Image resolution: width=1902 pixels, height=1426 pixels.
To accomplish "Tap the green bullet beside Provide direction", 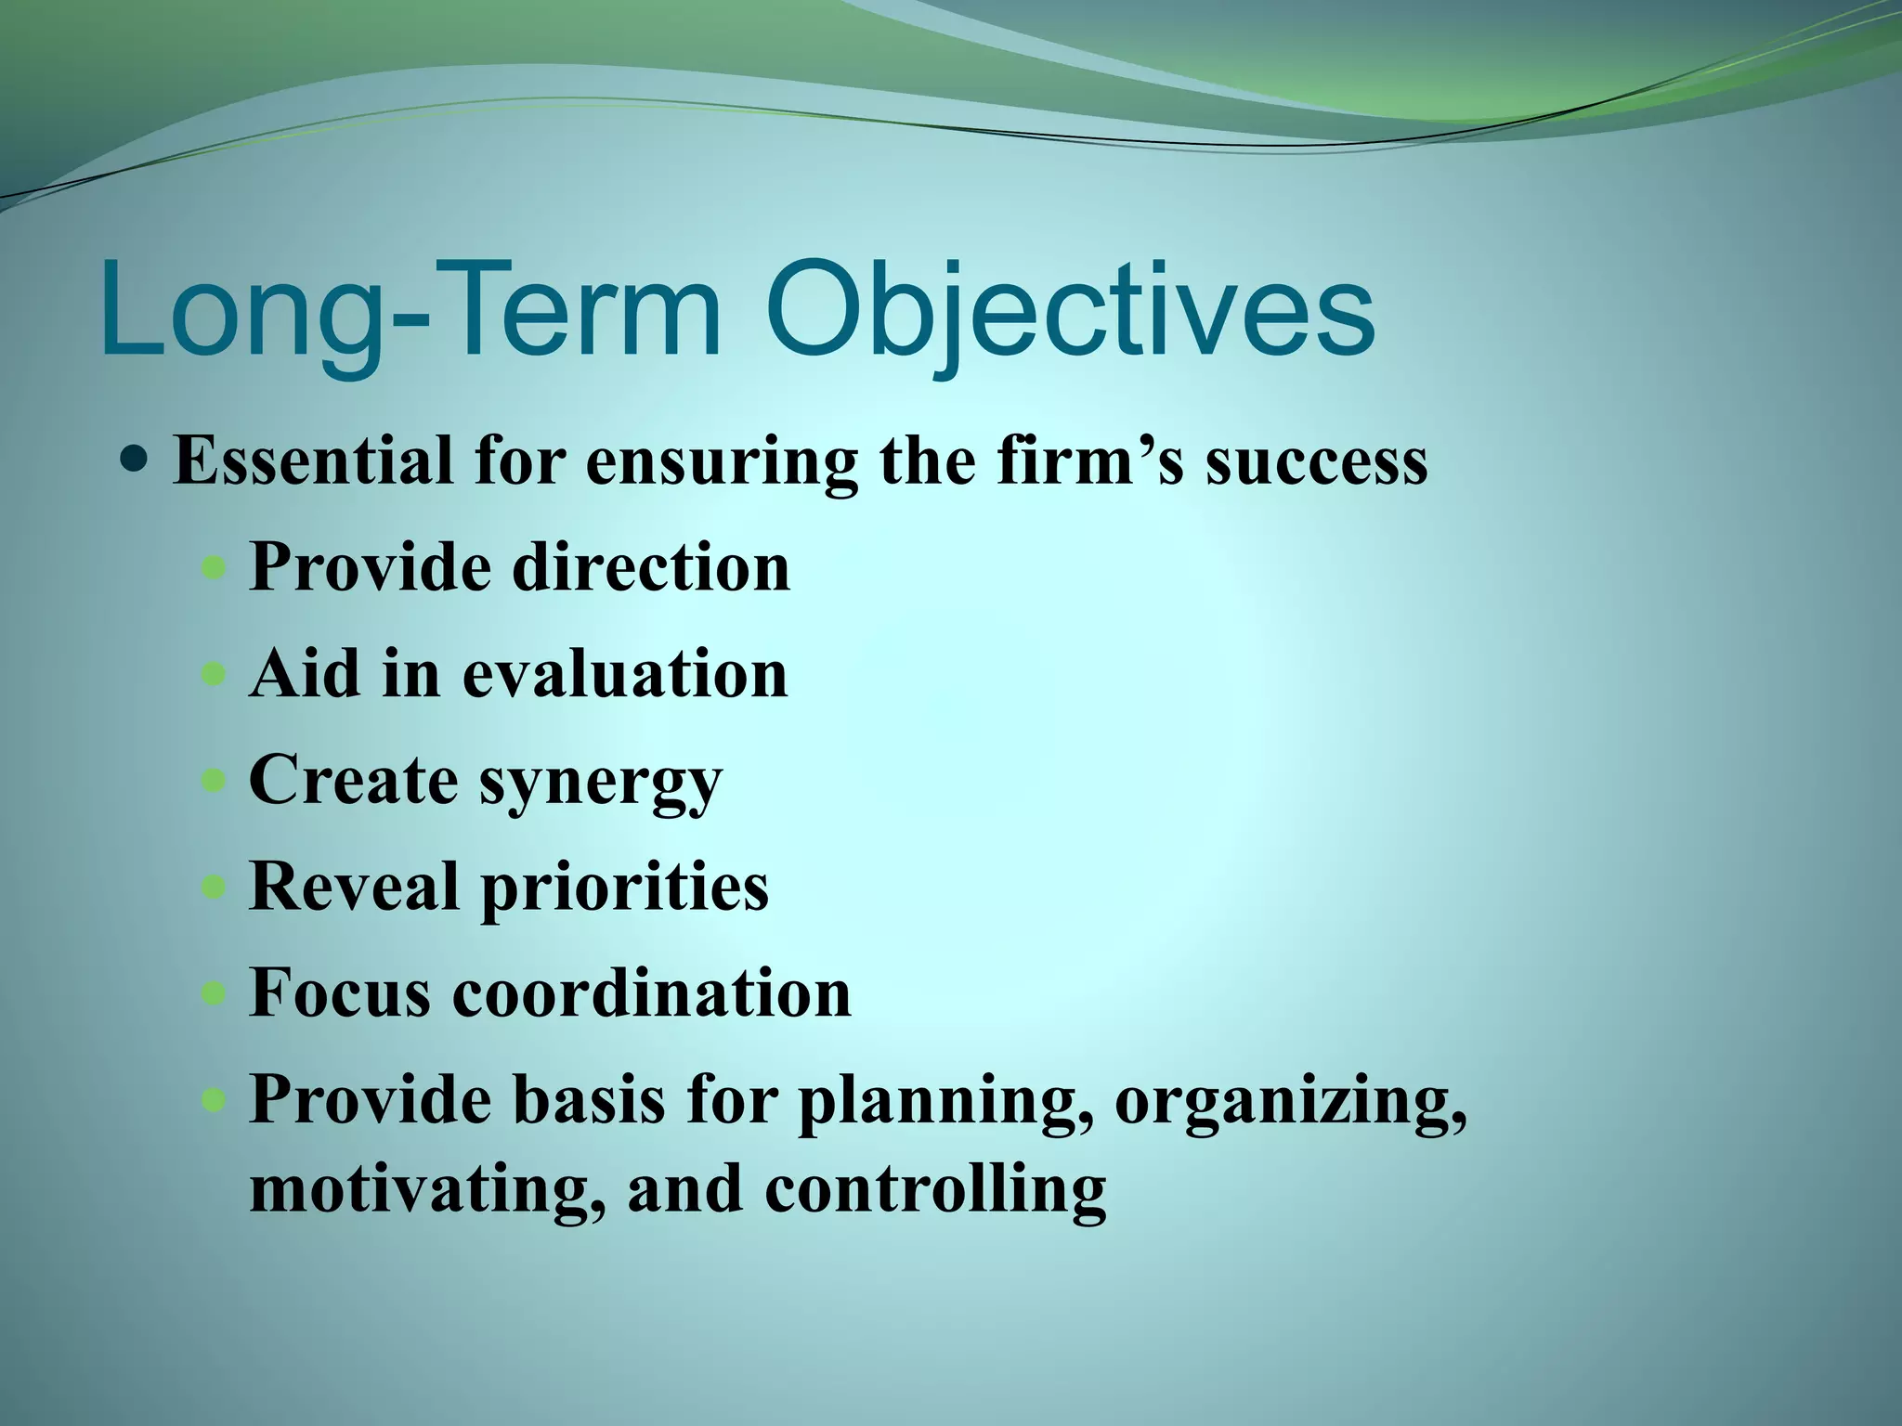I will pos(215,566).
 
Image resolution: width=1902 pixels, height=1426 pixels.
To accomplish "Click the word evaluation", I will pos(625,673).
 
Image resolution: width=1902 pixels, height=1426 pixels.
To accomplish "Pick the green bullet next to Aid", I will pos(215,673).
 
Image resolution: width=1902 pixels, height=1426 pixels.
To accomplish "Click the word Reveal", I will pos(354,886).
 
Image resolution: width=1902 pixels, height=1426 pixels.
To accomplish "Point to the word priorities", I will pos(625,889).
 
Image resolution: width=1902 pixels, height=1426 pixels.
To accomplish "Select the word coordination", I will pos(652,992).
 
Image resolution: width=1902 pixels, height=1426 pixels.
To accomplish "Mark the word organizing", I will pos(1291,1103).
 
